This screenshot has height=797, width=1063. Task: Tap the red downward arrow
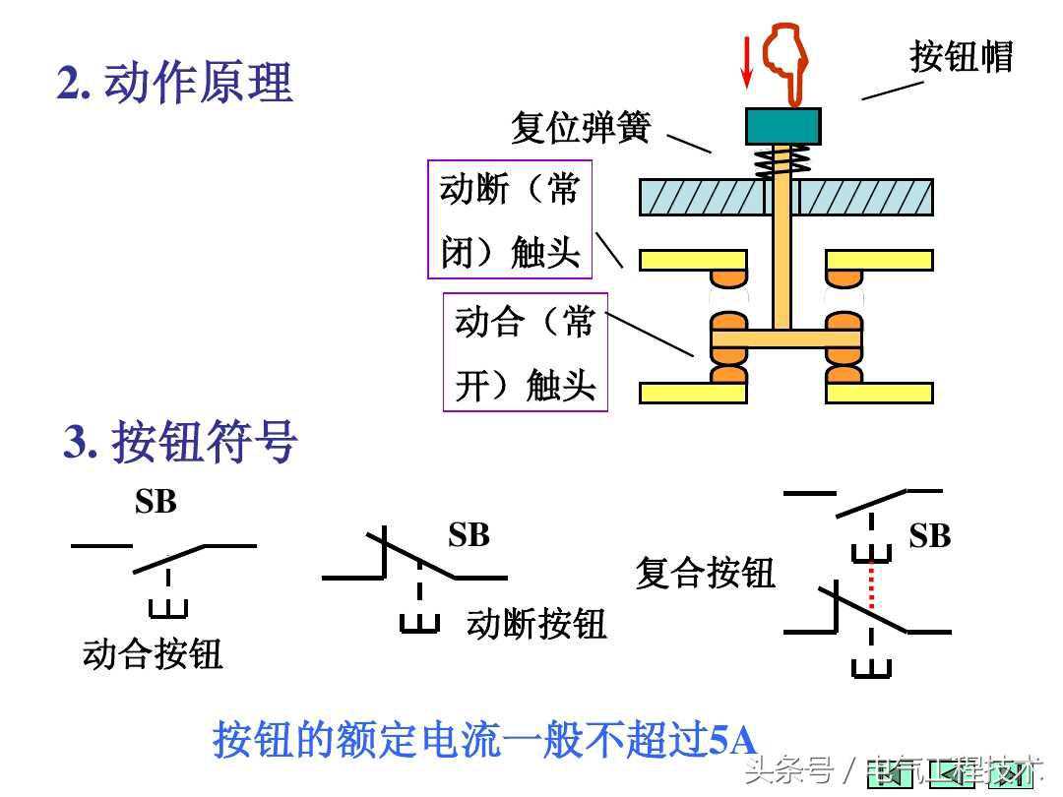pos(747,60)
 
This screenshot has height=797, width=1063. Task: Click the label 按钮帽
pos(961,56)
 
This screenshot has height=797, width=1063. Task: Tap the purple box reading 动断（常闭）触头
pos(510,219)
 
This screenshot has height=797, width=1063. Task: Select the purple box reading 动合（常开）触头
pos(525,352)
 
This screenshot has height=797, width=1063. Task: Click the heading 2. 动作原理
pos(175,83)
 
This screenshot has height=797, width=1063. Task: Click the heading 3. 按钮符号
pos(180,442)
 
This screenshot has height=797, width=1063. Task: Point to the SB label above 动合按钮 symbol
pos(156,502)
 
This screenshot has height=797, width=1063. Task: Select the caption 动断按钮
pos(536,623)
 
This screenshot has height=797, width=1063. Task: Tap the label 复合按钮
pos(705,572)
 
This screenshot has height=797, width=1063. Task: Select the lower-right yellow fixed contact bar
pos(878,393)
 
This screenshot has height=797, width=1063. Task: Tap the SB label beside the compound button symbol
pos(929,536)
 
